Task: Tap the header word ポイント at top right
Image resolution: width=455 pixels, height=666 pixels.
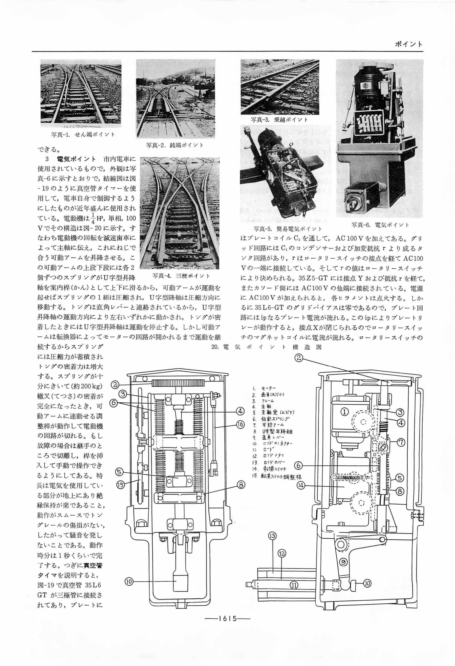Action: tap(408, 44)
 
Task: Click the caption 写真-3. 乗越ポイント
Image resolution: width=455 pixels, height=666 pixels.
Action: tap(279, 120)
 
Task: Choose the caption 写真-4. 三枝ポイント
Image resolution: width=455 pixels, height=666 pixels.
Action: tap(181, 276)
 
